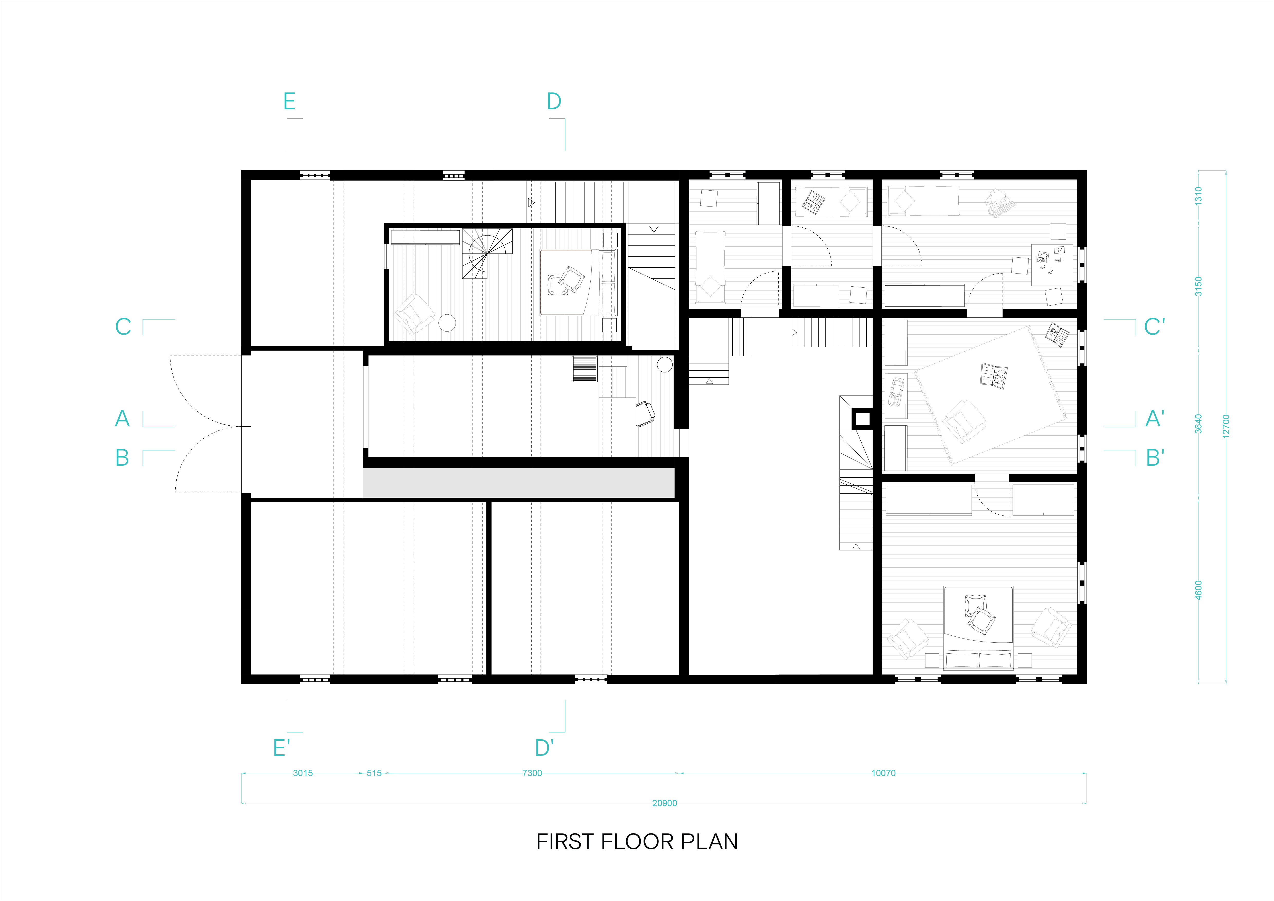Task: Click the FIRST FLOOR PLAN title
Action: tap(637, 842)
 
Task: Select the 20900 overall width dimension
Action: tap(664, 803)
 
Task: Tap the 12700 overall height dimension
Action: tap(1226, 426)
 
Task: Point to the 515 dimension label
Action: tap(374, 773)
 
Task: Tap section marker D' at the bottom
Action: tap(544, 748)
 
